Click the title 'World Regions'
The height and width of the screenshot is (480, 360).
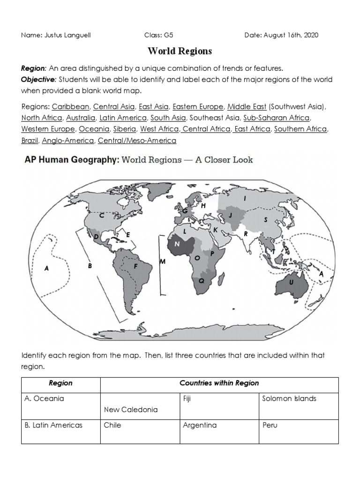point(180,51)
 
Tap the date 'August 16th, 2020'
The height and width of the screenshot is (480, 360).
point(291,36)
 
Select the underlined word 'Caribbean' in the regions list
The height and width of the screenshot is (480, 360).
point(71,107)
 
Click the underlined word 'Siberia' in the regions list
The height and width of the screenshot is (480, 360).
point(124,128)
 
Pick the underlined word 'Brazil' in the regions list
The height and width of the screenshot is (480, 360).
point(29,140)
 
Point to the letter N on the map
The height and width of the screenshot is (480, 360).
point(177,244)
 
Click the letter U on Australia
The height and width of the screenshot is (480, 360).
point(291,282)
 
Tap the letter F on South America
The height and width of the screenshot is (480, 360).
point(135,266)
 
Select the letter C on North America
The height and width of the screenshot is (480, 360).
point(102,216)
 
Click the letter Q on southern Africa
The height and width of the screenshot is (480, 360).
point(202,280)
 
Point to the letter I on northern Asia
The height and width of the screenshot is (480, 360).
point(245,199)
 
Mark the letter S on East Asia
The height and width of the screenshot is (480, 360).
point(265,219)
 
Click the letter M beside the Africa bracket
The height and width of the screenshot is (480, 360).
point(163,261)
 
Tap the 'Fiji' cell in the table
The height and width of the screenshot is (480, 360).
point(188,398)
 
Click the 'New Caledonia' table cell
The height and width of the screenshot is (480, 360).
point(131,409)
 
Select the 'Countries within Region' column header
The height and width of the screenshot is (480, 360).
point(219,383)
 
